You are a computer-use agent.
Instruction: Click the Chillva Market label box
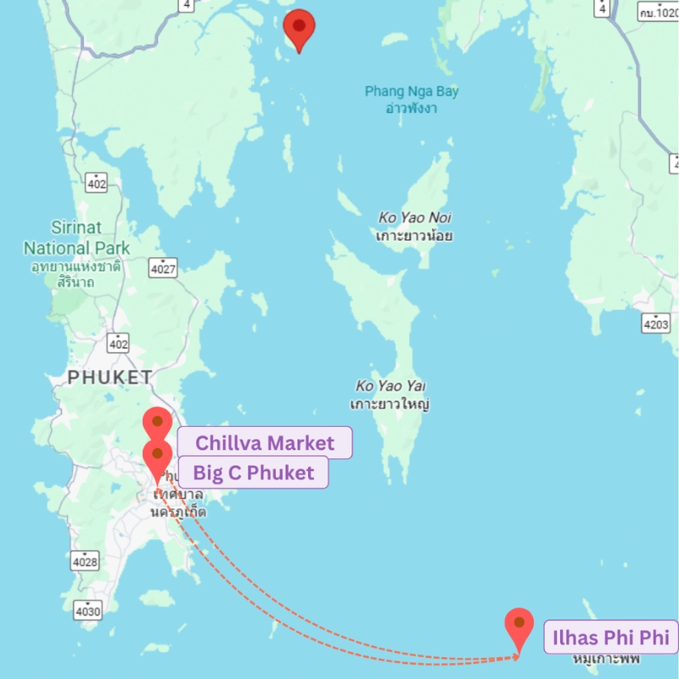[x=264, y=443]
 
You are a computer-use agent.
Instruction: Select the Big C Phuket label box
[x=252, y=473]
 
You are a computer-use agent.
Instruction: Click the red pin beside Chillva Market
[x=157, y=423]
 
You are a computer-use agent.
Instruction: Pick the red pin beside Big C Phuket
[x=156, y=455]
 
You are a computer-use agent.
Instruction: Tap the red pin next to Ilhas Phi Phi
[x=519, y=625]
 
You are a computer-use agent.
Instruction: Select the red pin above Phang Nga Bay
[x=299, y=27]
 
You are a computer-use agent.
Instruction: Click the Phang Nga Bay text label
[x=412, y=92]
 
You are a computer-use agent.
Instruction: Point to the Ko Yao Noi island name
[x=414, y=218]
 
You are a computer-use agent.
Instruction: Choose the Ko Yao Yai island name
[x=389, y=385]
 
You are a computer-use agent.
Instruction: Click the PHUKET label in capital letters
[x=110, y=377]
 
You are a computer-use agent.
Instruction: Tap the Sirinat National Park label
[x=76, y=238]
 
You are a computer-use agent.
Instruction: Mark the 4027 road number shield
[x=163, y=269]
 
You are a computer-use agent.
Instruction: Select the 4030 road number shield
[x=87, y=610]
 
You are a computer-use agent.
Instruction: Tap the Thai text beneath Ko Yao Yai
[x=389, y=403]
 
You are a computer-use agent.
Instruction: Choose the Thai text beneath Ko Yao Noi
[x=414, y=235]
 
